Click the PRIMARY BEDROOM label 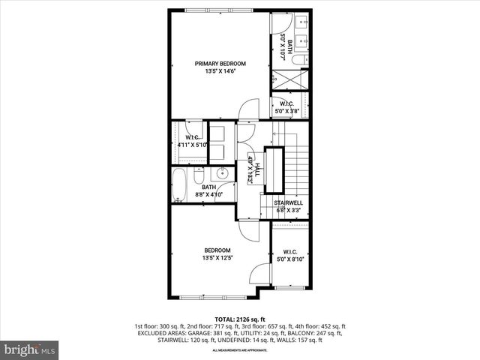pos(219,64)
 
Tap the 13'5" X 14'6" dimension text pos(219,72)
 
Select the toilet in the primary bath pos(298,59)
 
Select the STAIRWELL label pos(287,202)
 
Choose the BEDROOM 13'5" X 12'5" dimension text pos(217,259)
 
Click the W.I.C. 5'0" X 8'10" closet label pos(290,256)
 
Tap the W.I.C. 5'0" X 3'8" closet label pos(286,107)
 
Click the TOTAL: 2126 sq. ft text pos(240,319)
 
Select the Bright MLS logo pos(30,349)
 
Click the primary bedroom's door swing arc pos(248,111)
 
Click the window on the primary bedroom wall pos(219,10)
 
